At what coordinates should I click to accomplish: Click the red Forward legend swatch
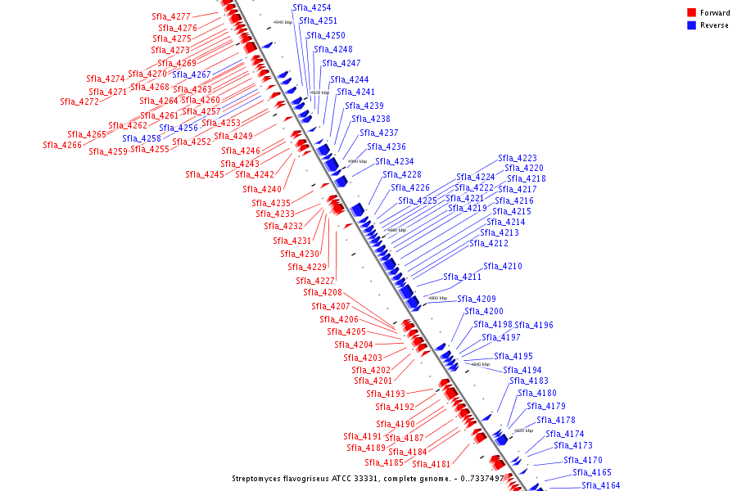tap(692, 12)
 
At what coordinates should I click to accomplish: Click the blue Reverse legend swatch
tap(692, 25)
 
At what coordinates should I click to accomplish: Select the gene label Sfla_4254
tap(312, 7)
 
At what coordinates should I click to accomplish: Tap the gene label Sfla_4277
tap(171, 16)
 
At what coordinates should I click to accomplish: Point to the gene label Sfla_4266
tap(62, 145)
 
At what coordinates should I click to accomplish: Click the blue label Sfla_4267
tap(192, 74)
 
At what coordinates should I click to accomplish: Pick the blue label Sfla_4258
tap(142, 138)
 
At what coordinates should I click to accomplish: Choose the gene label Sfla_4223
tap(518, 158)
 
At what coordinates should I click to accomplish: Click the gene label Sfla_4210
tap(503, 266)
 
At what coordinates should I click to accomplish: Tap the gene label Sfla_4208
tap(323, 292)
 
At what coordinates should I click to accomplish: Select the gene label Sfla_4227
tap(314, 281)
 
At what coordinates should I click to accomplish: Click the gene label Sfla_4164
tap(601, 485)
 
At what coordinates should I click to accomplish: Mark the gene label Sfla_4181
tap(432, 464)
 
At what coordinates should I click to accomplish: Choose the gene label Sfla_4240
tap(261, 189)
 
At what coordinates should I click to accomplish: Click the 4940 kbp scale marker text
tap(283, 22)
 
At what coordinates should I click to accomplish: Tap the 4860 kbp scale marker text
tap(437, 298)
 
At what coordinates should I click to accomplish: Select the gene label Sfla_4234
tap(395, 161)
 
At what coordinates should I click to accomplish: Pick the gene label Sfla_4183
tap(529, 381)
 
